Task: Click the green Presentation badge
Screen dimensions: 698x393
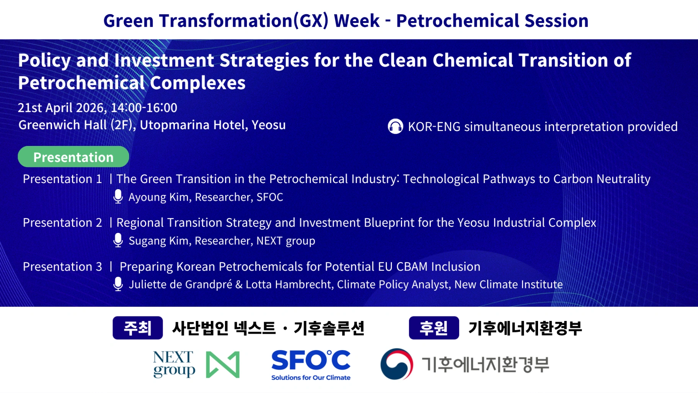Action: [x=73, y=157]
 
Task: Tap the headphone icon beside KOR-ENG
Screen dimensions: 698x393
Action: [x=395, y=126]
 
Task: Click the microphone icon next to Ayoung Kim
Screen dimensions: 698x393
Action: [x=118, y=197]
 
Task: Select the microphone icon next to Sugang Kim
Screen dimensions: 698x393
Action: [x=118, y=241]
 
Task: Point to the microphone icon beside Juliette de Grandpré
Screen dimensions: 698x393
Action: [x=118, y=284]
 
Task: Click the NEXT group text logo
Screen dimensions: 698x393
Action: [x=174, y=364]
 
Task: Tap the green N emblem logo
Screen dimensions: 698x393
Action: [x=223, y=364]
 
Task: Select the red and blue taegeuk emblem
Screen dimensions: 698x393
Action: [x=397, y=364]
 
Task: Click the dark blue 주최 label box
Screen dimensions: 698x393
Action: [x=138, y=328]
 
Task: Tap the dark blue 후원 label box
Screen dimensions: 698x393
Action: [x=434, y=328]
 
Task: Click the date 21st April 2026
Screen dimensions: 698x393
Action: [x=61, y=108]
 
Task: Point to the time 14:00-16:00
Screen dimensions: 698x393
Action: [x=144, y=108]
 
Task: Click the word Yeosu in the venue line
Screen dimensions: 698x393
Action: [x=269, y=125]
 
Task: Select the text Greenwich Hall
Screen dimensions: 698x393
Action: [x=63, y=125]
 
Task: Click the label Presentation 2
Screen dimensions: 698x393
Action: [x=62, y=223]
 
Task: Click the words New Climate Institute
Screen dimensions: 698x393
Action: [x=509, y=284]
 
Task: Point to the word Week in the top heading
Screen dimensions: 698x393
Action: [x=357, y=21]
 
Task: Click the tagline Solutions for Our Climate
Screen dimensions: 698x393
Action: [x=311, y=378]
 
